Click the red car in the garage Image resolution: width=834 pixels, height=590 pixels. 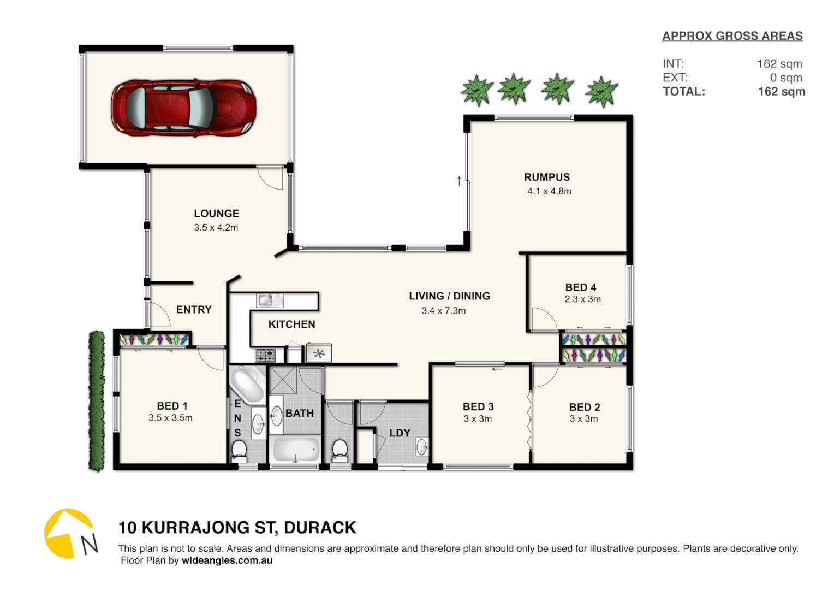[x=183, y=108]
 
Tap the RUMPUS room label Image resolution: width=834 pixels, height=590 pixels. [x=547, y=178]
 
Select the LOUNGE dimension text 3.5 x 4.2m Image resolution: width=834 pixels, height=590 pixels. [x=216, y=228]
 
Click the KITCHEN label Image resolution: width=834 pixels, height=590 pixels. [x=291, y=324]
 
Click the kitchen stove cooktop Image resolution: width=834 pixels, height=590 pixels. [x=266, y=356]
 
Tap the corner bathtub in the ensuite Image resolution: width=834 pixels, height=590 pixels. [x=247, y=384]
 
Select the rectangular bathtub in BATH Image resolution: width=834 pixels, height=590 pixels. [x=295, y=450]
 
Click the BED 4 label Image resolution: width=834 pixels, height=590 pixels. [x=581, y=287]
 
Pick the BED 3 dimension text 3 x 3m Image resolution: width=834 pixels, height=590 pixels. [x=478, y=419]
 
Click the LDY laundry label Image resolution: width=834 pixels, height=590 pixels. [x=400, y=433]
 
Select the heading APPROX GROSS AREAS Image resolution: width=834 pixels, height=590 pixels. [x=732, y=36]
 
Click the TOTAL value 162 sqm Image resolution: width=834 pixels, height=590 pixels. [x=781, y=92]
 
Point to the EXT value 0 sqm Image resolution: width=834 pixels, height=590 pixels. [x=785, y=78]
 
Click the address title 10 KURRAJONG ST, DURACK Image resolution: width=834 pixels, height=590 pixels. [x=237, y=528]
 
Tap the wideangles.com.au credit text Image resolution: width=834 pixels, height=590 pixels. [x=227, y=560]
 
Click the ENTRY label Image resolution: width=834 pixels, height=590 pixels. [x=194, y=310]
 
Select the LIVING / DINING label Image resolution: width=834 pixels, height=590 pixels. [x=449, y=296]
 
